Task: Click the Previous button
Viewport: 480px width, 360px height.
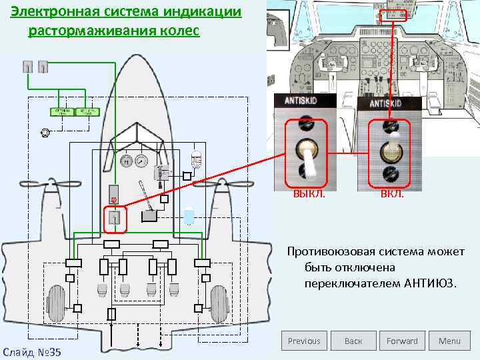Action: point(304,341)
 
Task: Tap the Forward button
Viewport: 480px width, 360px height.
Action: point(402,341)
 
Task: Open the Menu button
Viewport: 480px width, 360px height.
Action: point(449,341)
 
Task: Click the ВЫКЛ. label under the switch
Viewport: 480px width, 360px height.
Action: point(307,194)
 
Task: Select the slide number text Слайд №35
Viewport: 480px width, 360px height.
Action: point(32,351)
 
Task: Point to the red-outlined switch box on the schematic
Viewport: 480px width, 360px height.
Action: point(115,219)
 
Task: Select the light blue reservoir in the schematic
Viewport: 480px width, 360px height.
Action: point(189,217)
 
